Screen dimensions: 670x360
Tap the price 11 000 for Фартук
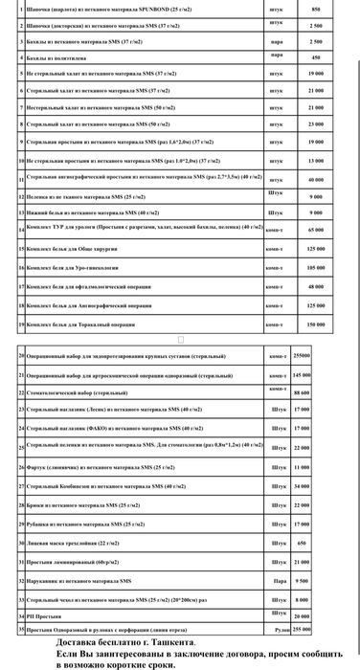(302, 466)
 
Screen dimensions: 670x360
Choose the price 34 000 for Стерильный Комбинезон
(302, 486)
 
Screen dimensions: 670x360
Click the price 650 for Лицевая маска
(302, 543)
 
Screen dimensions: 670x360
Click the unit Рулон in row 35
(278, 629)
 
